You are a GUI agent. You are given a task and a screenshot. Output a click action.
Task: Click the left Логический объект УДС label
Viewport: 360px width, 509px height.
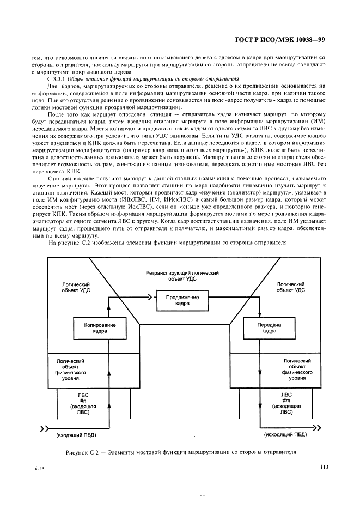(x=75, y=287)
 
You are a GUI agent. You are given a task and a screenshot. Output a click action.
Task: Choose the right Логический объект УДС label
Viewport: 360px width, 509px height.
(x=291, y=287)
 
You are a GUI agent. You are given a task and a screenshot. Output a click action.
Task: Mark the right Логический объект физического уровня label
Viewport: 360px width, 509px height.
(x=297, y=369)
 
